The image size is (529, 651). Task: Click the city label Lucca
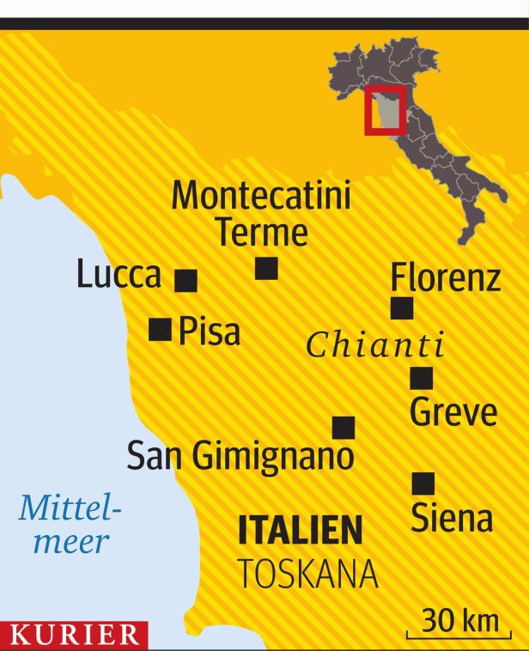point(119,275)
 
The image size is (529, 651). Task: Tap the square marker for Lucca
point(185,281)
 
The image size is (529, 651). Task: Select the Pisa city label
point(210,332)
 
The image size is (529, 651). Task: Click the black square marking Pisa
point(160,329)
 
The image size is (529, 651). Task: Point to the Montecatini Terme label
point(261,215)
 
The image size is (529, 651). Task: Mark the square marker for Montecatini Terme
point(266,269)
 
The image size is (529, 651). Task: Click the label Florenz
point(445,277)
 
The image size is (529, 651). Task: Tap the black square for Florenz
point(401,307)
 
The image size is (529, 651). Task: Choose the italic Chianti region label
point(375,345)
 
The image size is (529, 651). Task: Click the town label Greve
point(453,412)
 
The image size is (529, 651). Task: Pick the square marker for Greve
point(421,378)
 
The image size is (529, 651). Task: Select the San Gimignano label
point(240,456)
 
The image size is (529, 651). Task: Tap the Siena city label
point(452,519)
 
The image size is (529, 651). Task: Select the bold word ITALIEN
point(300,531)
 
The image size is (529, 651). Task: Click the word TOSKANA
point(307,575)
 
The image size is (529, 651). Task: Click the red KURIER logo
point(74,637)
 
